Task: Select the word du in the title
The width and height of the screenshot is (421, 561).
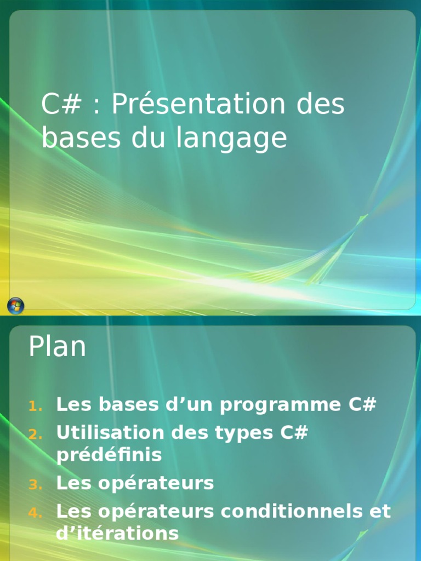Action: (x=150, y=138)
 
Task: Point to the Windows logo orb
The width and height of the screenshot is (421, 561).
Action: (x=15, y=306)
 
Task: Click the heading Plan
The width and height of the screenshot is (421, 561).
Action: (x=57, y=347)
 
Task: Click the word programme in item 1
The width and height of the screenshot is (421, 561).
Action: (x=281, y=405)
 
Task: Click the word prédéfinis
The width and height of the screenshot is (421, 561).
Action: (x=109, y=455)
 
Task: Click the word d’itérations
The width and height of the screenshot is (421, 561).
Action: (x=117, y=534)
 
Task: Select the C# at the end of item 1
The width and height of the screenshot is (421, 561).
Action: (x=362, y=405)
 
